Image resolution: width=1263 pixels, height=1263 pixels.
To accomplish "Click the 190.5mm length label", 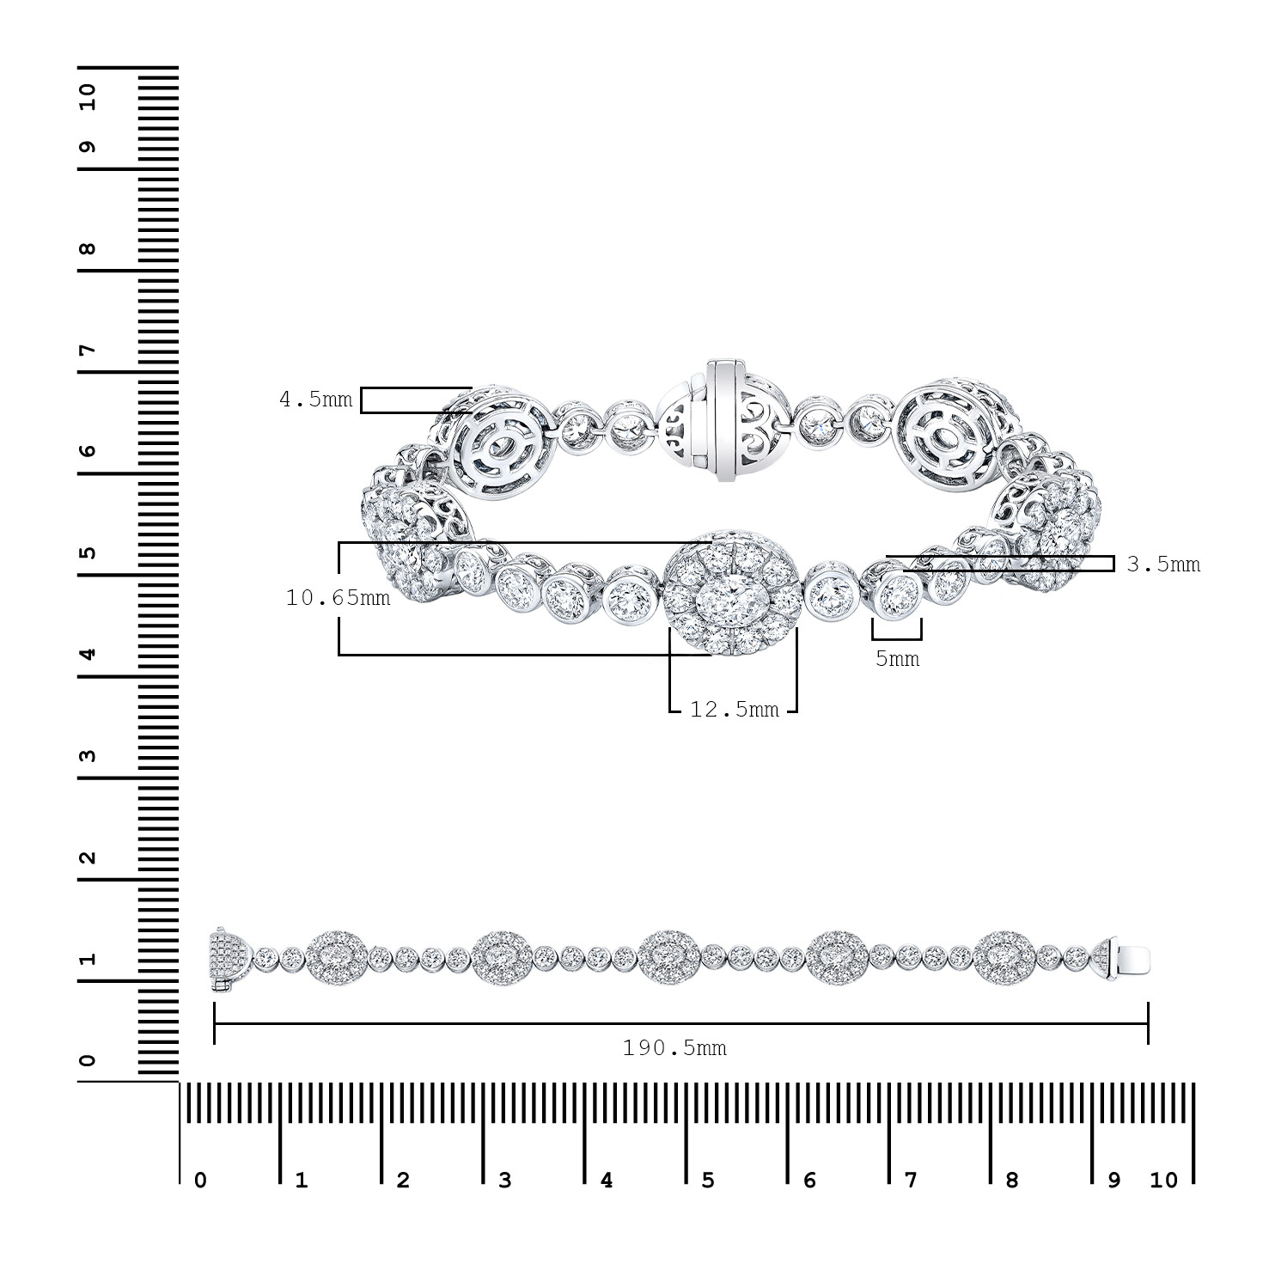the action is [x=674, y=1048].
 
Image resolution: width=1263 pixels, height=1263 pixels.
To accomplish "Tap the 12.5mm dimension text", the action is [x=734, y=709].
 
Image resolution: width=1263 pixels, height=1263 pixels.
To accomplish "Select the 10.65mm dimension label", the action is [x=338, y=598].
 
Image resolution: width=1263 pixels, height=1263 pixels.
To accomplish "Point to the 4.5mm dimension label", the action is [x=316, y=400].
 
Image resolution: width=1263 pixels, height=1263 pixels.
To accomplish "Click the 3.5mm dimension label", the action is [x=1163, y=564].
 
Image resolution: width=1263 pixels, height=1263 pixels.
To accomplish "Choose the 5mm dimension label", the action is [x=897, y=659].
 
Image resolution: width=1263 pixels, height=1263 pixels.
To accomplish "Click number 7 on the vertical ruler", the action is [x=88, y=350].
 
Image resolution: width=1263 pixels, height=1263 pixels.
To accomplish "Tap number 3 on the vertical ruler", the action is [x=88, y=756].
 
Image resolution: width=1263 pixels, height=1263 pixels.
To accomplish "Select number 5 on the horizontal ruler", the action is [x=708, y=1199].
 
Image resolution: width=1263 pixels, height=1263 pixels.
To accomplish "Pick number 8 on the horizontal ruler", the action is [x=1012, y=1199].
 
